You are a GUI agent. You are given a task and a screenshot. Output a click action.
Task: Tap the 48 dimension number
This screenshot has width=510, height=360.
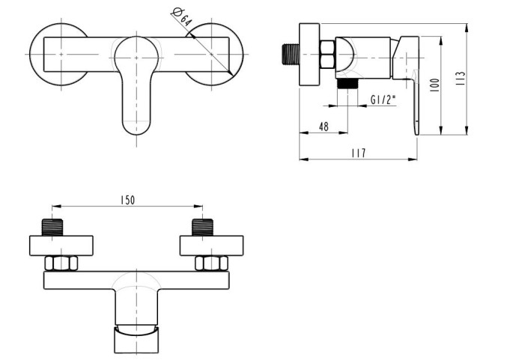click(x=323, y=126)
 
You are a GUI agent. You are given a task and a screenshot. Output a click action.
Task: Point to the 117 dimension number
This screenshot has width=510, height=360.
click(x=358, y=153)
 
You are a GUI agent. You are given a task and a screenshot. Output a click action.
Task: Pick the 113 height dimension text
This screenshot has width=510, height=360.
click(x=461, y=78)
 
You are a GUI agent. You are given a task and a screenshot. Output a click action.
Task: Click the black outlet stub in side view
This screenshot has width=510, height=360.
click(x=345, y=83)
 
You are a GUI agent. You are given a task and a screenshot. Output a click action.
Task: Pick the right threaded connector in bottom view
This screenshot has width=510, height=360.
click(x=202, y=227)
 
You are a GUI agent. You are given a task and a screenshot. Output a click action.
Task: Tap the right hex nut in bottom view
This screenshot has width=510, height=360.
click(x=211, y=263)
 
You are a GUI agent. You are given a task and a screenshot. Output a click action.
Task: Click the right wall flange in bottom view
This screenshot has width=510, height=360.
click(x=211, y=245)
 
